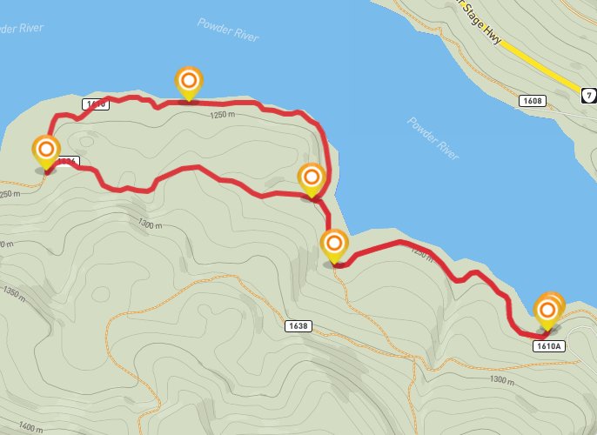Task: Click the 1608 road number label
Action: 532,101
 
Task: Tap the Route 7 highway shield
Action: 590,94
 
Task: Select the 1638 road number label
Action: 297,325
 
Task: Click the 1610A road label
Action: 549,345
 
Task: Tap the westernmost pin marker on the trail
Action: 45,154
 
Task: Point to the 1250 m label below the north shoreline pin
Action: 223,114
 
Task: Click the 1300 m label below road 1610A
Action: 503,379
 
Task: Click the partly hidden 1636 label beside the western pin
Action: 68,161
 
